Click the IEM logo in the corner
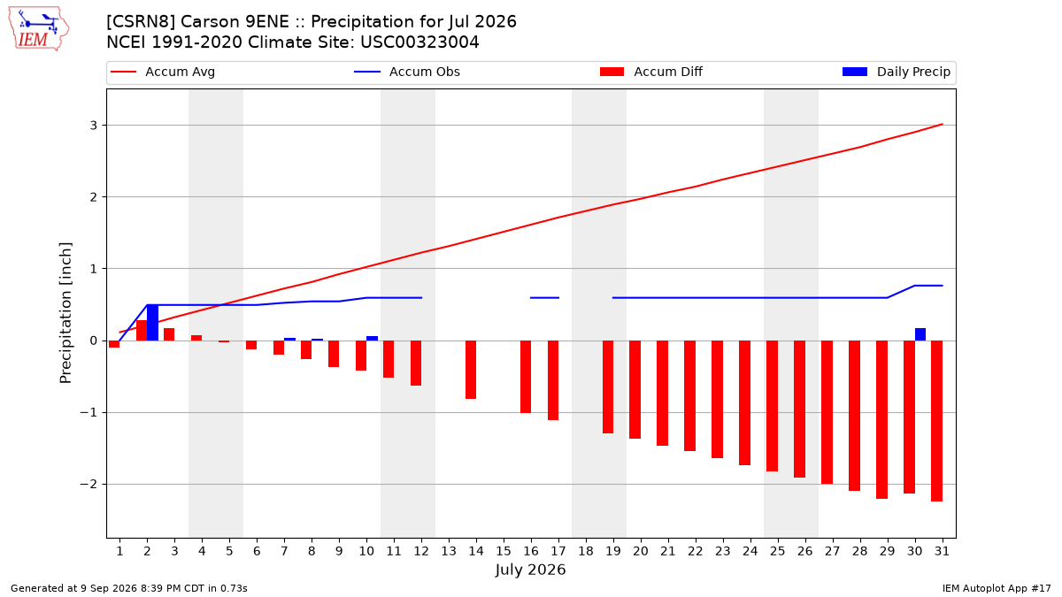coord(39,28)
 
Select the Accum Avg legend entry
coord(163,72)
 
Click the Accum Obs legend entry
coord(407,72)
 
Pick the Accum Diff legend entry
coord(651,72)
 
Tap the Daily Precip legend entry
coord(896,72)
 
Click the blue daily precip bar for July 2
coord(152,323)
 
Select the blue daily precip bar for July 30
coord(920,334)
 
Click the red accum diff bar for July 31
coord(937,421)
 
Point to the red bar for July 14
coord(471,370)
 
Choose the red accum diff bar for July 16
coord(526,377)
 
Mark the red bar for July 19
coord(608,387)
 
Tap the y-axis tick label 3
coord(94,126)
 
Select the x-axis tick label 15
coord(504,551)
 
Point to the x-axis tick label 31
coord(942,551)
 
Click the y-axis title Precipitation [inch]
coord(65,313)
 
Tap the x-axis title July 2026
coord(530,570)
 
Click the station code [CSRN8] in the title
coord(141,22)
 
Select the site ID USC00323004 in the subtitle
coord(419,42)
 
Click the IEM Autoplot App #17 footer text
coord(997,588)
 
